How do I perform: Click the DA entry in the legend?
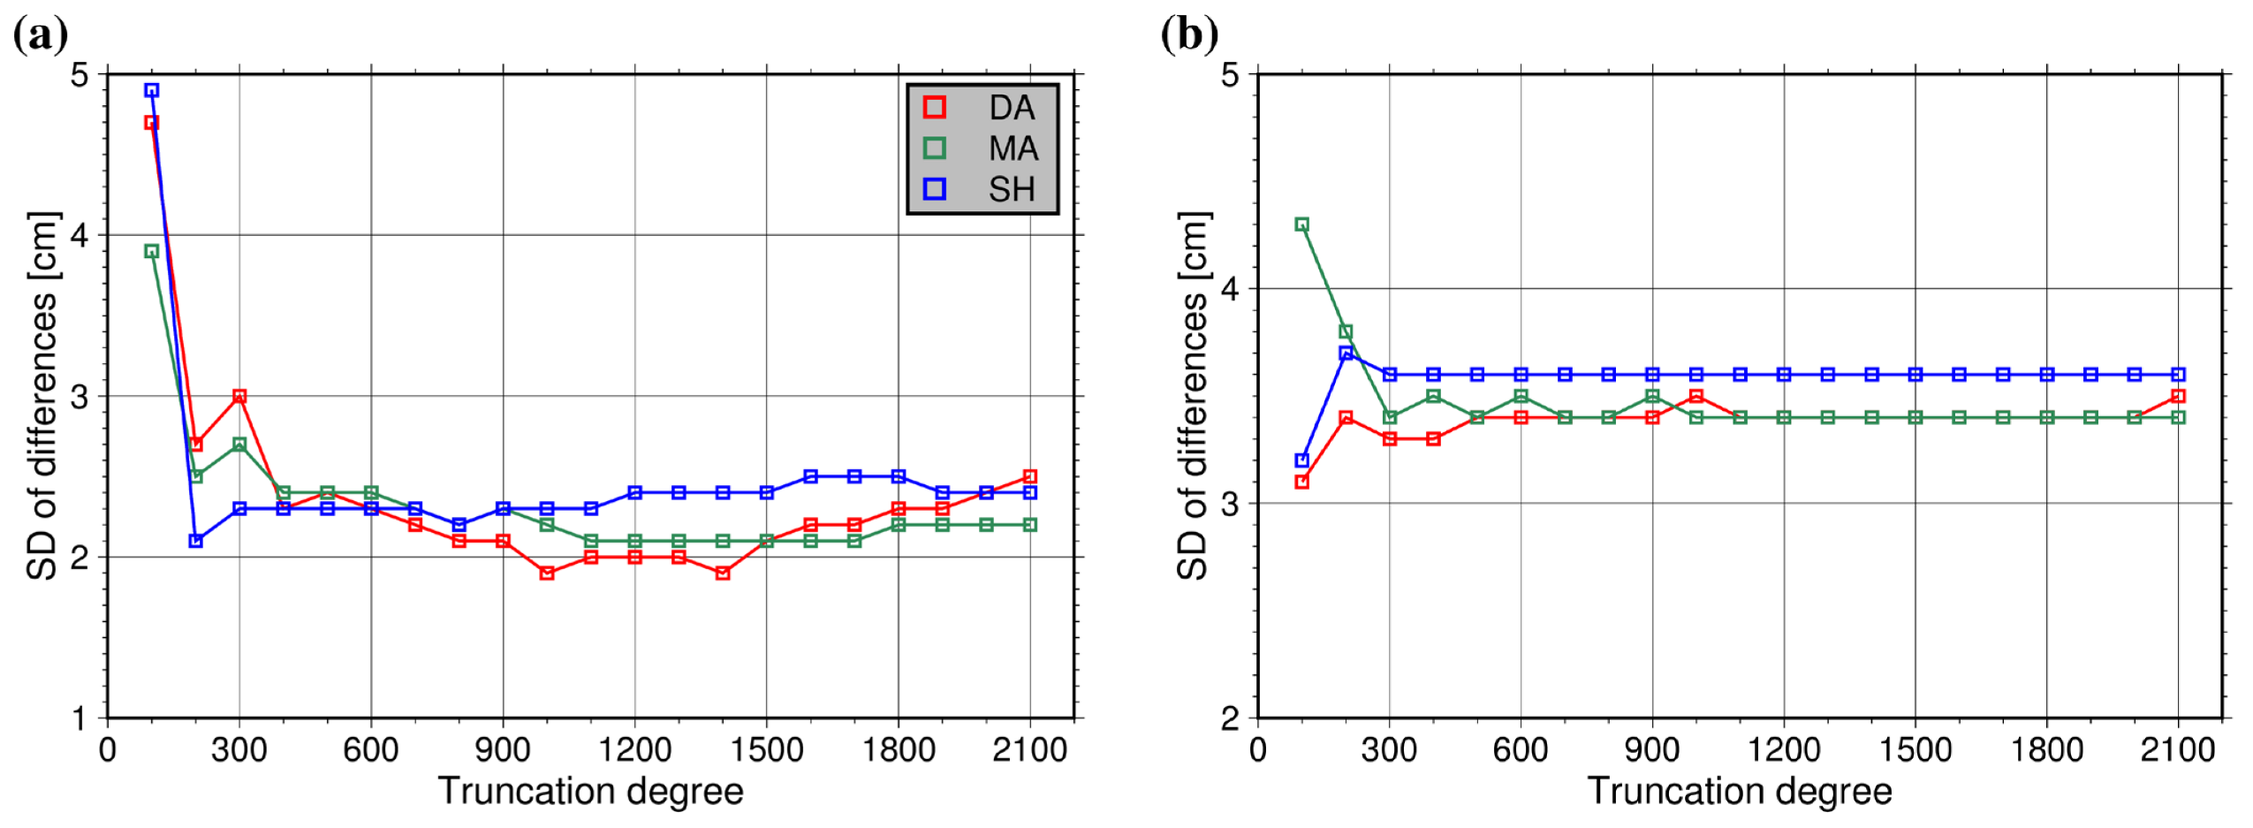click(1010, 108)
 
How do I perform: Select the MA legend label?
click(1013, 148)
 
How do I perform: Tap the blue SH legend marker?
click(934, 189)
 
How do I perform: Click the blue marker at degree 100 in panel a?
click(152, 90)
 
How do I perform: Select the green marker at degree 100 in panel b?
click(1301, 224)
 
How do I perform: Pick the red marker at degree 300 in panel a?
click(239, 396)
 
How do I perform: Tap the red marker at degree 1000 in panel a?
click(547, 574)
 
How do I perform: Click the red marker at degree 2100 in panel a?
click(1029, 476)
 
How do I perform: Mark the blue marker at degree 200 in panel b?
click(1346, 353)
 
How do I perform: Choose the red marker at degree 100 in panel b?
click(1301, 482)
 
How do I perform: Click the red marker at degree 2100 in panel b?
click(2178, 396)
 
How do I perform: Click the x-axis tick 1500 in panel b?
click(1915, 750)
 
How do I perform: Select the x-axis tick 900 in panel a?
click(503, 750)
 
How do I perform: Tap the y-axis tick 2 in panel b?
click(1230, 718)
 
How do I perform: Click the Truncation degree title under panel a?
click(590, 791)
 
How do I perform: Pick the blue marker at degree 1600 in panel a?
click(810, 476)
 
